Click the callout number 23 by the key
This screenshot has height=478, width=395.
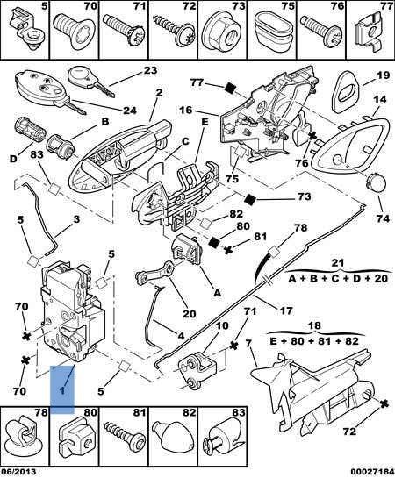tap(149, 70)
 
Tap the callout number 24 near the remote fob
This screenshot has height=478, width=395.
tap(129, 110)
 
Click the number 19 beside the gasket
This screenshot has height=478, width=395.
tap(359, 75)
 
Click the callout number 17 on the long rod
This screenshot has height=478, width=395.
tap(286, 310)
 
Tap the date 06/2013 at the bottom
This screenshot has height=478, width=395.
tap(19, 471)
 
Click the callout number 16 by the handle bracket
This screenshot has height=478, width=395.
tap(186, 111)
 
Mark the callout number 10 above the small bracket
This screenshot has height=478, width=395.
tap(222, 325)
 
